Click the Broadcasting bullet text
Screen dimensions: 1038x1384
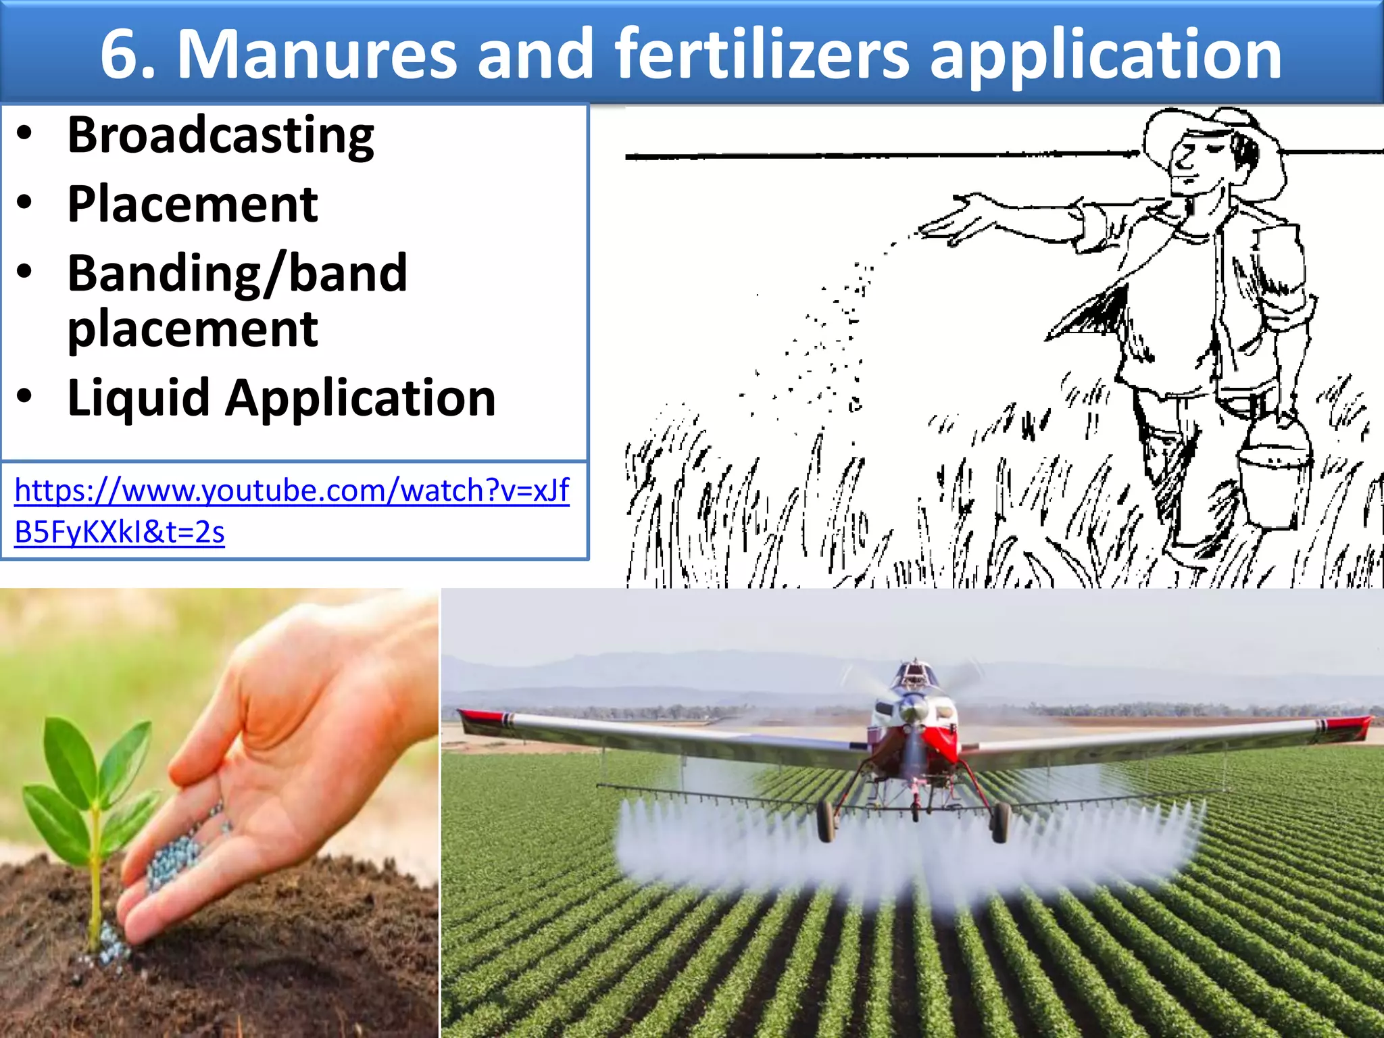(220, 135)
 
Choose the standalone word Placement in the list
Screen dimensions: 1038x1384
(193, 204)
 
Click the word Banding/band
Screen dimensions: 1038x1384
(237, 274)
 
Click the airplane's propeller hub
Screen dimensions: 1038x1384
(912, 710)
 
